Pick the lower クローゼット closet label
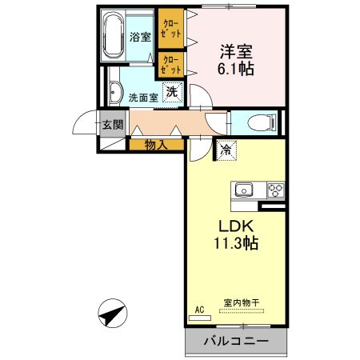[170, 65]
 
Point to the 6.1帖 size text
[238, 70]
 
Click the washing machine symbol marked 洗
[172, 92]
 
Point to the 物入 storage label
[156, 145]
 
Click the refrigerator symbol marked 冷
[226, 150]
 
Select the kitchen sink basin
[244, 190]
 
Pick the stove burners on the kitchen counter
[274, 190]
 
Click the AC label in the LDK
[199, 309]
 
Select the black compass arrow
[114, 313]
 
